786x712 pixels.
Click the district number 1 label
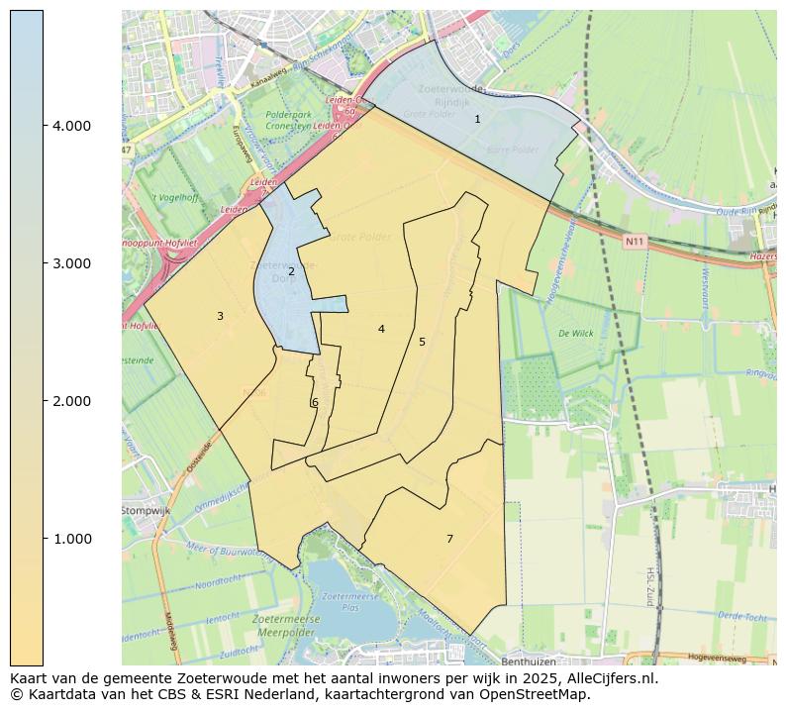(x=477, y=119)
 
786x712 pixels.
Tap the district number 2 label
(x=291, y=271)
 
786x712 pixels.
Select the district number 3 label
(x=220, y=316)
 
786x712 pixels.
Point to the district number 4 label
(x=381, y=329)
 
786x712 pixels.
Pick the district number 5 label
(x=422, y=342)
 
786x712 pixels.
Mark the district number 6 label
(x=315, y=402)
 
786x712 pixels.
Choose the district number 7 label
(x=449, y=539)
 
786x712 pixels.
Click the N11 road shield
(x=635, y=241)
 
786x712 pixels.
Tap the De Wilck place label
(x=575, y=334)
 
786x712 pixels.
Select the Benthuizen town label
(x=530, y=659)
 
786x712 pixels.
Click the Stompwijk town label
(x=147, y=510)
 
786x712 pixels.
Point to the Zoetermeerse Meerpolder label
(x=288, y=624)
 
